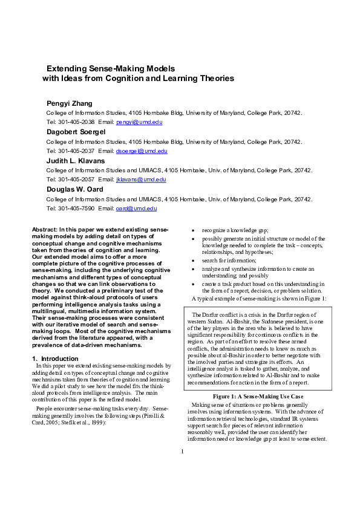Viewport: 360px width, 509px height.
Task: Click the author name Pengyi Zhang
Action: (x=70, y=103)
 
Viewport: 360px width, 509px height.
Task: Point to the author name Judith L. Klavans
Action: (x=75, y=161)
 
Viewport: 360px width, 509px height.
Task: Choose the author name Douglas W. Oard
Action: (x=75, y=189)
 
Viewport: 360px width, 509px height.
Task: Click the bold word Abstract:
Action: (x=44, y=230)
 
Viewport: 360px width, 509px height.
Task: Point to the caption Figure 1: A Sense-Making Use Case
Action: (x=258, y=396)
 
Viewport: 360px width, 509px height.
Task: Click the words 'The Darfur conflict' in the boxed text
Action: (x=213, y=315)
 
